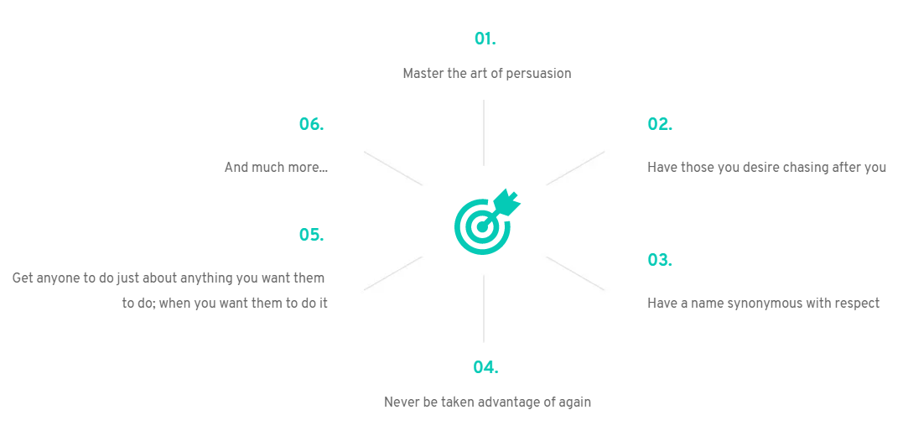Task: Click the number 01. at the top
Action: (485, 39)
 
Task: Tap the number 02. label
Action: (660, 124)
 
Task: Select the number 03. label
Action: (660, 260)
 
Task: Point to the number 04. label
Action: (485, 367)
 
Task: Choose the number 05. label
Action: (312, 235)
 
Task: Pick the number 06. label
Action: (312, 124)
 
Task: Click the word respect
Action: (854, 304)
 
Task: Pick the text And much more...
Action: (277, 167)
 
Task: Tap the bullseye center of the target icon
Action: (482, 226)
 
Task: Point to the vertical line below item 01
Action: (484, 132)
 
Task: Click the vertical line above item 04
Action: (484, 309)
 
